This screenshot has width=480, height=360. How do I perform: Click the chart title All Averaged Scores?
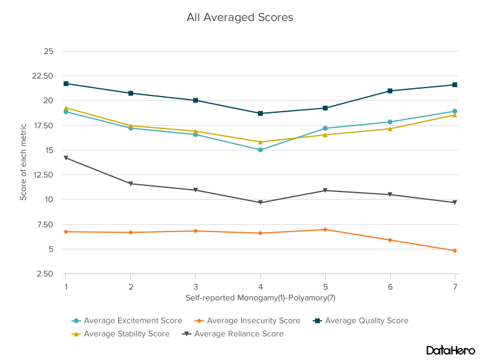[240, 17]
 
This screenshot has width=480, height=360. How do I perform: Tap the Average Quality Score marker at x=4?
[260, 113]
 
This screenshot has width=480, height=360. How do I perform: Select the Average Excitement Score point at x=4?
[260, 150]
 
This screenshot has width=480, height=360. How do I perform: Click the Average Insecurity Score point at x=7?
[455, 251]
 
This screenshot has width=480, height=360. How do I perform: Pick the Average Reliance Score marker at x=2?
[131, 184]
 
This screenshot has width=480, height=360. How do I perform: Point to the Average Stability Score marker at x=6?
[390, 128]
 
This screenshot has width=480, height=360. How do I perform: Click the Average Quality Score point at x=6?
[390, 91]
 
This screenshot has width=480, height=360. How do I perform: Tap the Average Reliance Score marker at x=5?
[325, 190]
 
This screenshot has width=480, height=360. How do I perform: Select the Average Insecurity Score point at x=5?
[325, 230]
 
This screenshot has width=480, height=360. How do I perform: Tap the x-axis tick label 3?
[196, 287]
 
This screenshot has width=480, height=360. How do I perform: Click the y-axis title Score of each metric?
[23, 162]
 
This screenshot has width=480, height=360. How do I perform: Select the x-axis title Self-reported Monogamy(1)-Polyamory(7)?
[260, 298]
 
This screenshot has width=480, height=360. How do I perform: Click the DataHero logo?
[450, 350]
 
